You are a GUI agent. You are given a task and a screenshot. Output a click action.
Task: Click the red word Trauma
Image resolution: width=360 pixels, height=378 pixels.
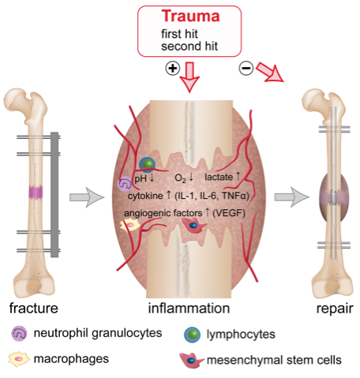pos(190,17)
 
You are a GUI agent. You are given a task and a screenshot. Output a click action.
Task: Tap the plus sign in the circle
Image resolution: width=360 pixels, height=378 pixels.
pos(173,69)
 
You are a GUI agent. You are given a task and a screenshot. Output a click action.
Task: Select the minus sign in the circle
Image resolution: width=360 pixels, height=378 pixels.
pos(246,68)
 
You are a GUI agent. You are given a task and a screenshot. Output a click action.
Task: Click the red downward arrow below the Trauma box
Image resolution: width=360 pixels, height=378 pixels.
pos(189,77)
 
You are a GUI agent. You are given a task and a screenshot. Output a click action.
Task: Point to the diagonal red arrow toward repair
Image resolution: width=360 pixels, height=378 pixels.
pos(270,73)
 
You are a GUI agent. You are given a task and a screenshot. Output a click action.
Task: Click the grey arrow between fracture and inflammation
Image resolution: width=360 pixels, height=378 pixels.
pos(87,197)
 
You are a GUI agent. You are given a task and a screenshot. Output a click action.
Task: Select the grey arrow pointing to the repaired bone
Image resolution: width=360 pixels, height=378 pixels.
pos(292,197)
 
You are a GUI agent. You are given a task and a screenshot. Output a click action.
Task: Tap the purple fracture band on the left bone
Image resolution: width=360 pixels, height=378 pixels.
pos(36,193)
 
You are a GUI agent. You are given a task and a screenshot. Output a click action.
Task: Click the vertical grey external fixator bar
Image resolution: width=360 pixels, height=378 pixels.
pos(54,195)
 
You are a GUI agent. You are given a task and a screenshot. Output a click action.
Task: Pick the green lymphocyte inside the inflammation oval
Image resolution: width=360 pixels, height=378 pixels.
pos(148,164)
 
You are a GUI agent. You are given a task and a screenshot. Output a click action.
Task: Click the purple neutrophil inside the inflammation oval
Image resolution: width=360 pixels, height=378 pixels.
pos(125,184)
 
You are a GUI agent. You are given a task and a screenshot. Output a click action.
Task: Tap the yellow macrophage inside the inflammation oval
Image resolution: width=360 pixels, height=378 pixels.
pos(130,226)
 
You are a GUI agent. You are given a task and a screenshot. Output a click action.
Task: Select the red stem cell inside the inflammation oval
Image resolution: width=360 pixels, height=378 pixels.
pos(194,226)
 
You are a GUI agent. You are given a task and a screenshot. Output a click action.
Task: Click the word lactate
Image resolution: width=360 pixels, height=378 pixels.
pos(219,177)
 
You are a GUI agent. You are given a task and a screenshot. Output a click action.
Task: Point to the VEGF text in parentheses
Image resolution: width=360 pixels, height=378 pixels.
pos(229,213)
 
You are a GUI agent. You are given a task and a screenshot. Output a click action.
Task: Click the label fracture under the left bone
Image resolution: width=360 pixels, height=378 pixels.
pos(34,308)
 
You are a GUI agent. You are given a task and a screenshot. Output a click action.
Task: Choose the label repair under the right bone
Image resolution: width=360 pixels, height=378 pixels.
pos(335,309)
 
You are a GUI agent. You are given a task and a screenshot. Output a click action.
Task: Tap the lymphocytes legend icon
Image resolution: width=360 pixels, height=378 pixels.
pos(193,335)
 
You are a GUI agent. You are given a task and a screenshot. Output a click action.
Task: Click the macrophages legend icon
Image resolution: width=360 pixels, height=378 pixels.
pos(19,359)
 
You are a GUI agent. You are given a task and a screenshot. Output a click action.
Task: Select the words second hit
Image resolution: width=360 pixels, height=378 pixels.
pos(189,47)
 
